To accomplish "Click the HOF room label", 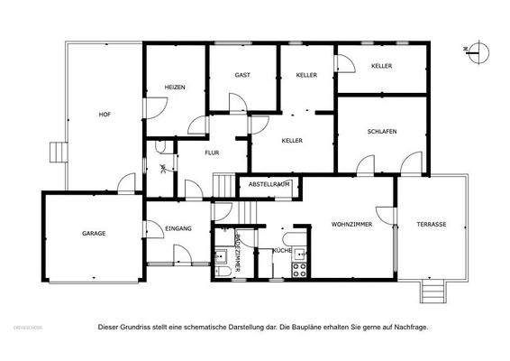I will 105,115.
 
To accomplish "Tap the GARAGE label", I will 94,234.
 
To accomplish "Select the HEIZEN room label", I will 175,87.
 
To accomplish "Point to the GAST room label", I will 242,75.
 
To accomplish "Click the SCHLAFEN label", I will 382,132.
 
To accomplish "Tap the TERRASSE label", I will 431,223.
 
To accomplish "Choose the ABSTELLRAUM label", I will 269,185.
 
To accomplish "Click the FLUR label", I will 212,153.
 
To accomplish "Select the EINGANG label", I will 178,229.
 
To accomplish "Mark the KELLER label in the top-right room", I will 381,66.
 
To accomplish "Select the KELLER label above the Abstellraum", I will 291,141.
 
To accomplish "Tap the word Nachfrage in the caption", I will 411,327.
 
